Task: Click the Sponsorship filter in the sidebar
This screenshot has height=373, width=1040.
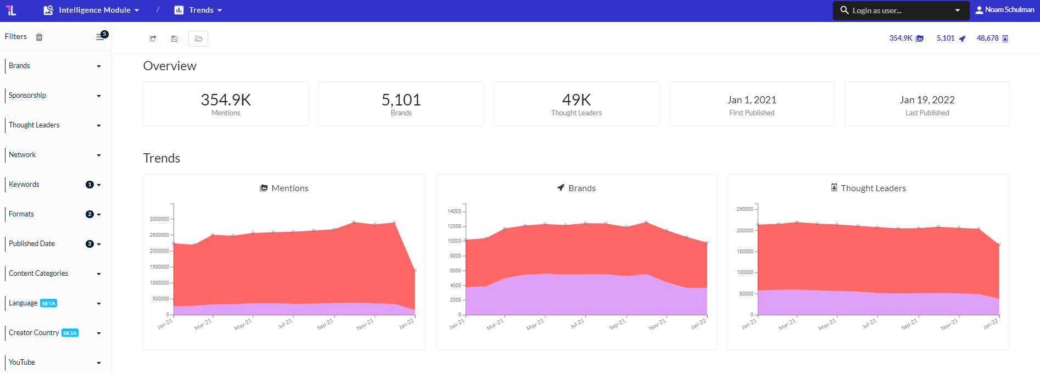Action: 27,96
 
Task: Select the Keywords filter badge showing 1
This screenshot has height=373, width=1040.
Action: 90,185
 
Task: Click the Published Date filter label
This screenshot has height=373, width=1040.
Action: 32,244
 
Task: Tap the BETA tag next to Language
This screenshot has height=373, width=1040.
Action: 49,303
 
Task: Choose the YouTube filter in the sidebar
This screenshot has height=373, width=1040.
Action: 22,363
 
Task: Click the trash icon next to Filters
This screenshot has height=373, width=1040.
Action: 39,37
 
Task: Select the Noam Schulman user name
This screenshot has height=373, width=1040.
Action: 1009,10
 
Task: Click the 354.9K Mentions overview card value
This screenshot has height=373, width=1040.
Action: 226,100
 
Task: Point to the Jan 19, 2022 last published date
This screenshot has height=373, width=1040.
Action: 927,100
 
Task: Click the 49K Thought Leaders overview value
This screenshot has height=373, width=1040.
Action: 577,100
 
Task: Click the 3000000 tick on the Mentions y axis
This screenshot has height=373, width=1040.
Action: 159,219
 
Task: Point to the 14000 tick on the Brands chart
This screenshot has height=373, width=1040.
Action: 454,211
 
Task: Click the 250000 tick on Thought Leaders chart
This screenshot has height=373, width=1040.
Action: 745,209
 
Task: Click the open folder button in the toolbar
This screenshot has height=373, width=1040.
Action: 198,38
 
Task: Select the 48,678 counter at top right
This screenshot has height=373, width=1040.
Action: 987,38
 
